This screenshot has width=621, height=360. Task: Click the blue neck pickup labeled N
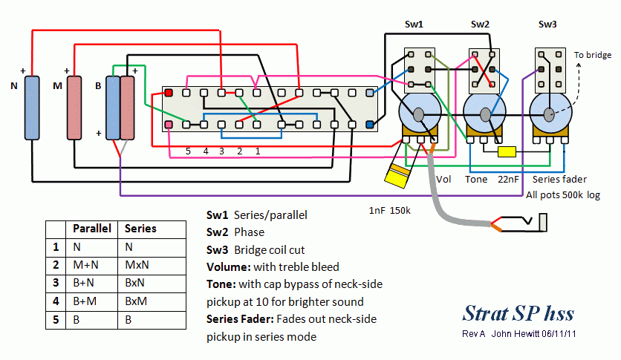coord(32,107)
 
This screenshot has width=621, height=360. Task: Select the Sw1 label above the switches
coord(414,25)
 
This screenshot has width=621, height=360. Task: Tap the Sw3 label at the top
coord(547,25)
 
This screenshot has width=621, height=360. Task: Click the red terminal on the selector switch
coord(169,93)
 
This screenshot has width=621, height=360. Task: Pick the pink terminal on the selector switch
coord(169,125)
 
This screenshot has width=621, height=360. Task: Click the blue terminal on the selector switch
coord(371,125)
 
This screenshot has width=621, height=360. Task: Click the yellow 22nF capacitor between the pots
coord(507,152)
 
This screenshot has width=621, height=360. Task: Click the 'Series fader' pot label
coord(560,180)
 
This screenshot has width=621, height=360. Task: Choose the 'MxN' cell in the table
coord(134,265)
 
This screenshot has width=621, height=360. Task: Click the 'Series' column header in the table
coord(140,229)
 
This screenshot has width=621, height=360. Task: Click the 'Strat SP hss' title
coord(518,312)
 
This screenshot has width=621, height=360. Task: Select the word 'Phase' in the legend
coord(249,232)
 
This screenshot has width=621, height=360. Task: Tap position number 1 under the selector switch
coord(257,151)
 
